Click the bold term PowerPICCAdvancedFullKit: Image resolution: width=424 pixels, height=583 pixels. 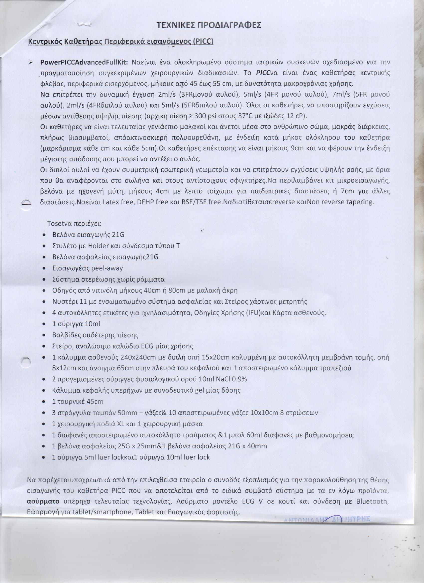tap(86, 63)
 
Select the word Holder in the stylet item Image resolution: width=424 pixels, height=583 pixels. tap(99, 246)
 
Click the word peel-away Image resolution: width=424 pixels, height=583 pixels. tap(107, 268)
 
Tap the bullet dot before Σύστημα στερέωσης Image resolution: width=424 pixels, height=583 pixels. tap(44, 280)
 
